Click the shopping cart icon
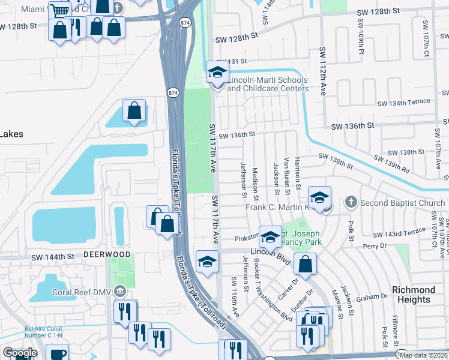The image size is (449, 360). (x=59, y=10)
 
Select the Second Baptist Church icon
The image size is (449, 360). (x=352, y=203)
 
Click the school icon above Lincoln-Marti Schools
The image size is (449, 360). (x=217, y=73)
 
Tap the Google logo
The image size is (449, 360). (x=20, y=353)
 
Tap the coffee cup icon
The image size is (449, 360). (x=58, y=353)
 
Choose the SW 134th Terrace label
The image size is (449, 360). (x=403, y=103)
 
